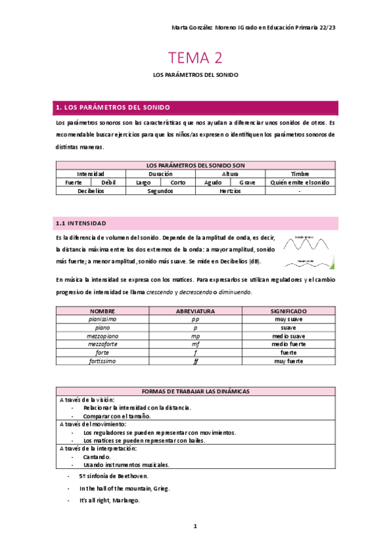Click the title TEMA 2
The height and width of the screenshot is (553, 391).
[x=195, y=58]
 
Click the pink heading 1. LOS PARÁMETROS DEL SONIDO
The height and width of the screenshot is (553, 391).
[x=114, y=107]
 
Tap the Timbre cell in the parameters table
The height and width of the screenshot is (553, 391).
[x=300, y=174]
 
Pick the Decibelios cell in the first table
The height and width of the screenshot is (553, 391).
[x=91, y=191]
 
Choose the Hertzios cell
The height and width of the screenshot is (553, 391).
[x=230, y=191]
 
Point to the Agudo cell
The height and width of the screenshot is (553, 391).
[x=213, y=183]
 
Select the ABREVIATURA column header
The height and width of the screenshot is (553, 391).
[x=195, y=312]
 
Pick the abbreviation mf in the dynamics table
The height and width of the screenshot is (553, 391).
[x=195, y=344]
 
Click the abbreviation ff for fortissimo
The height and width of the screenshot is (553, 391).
[x=195, y=361]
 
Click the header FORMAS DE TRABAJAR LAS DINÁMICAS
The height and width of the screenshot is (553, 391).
[x=195, y=391]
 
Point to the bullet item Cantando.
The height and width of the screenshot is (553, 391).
[x=97, y=457]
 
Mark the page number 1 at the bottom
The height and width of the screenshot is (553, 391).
[x=195, y=526]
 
